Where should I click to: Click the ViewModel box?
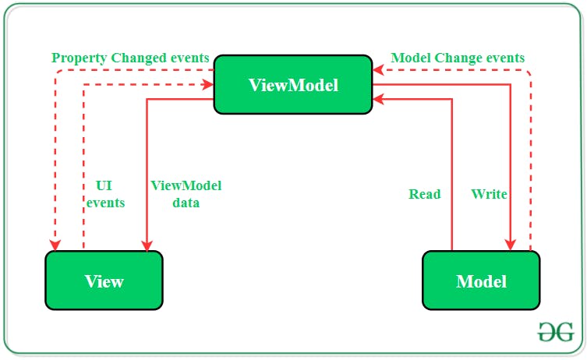(x=293, y=85)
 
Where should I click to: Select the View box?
(x=104, y=281)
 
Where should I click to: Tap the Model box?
(x=481, y=281)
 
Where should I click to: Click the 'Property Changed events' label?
(x=130, y=58)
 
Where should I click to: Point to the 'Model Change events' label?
(x=458, y=58)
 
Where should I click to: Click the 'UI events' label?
(x=105, y=194)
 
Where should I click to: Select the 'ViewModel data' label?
(x=186, y=194)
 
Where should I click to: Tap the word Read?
(x=425, y=194)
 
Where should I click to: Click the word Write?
(x=489, y=194)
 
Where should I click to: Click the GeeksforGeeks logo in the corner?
(x=556, y=332)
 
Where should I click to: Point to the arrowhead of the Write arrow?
(x=511, y=245)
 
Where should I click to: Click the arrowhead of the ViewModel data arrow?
(x=147, y=245)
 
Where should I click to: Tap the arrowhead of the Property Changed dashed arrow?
(x=55, y=245)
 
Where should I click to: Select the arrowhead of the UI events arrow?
(x=208, y=85)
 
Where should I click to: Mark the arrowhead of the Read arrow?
(x=379, y=99)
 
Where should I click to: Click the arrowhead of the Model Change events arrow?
(x=379, y=70)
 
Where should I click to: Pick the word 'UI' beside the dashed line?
(x=104, y=185)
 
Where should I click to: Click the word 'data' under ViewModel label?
(x=186, y=203)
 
